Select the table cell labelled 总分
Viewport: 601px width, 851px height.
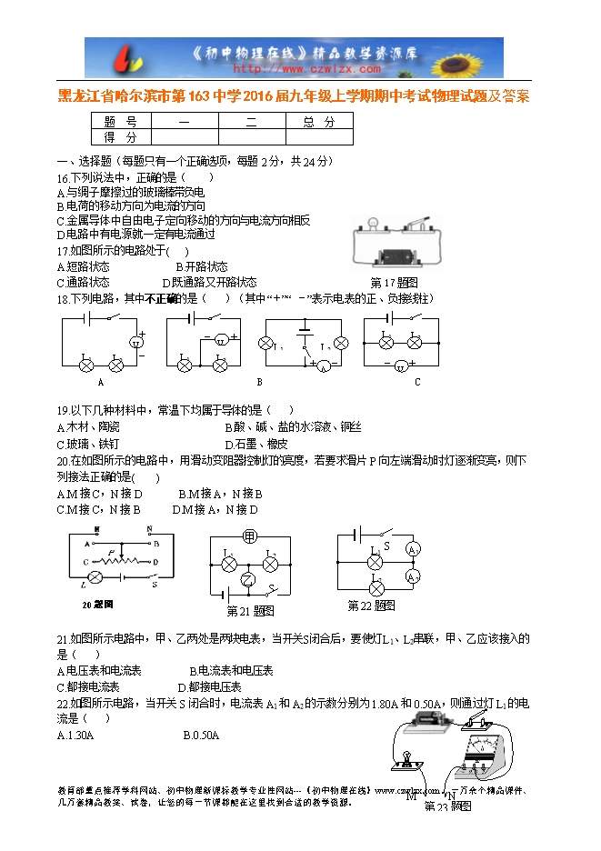(318, 122)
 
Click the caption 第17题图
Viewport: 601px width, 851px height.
(393, 283)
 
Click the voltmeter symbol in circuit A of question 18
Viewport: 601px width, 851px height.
(138, 342)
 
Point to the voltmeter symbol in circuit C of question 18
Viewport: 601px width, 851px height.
(401, 366)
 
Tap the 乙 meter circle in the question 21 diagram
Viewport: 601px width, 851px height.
(245, 580)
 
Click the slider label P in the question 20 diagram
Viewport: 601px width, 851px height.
(110, 552)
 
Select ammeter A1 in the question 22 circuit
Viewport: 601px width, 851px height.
(411, 550)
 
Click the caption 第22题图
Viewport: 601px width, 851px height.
(371, 606)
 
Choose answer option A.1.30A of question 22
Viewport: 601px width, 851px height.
(75, 736)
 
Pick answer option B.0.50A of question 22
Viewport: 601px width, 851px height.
(201, 736)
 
